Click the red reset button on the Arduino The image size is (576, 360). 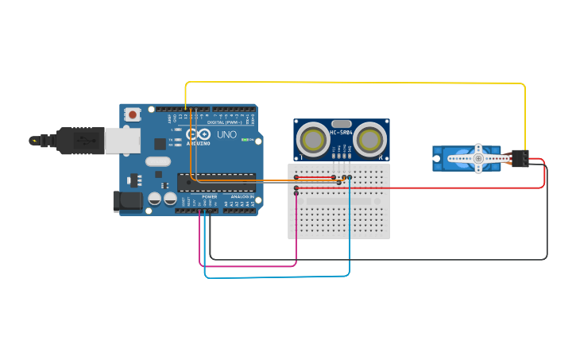click(x=132, y=114)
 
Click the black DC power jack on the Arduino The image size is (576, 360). click(x=127, y=201)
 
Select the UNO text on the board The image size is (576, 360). click(x=227, y=136)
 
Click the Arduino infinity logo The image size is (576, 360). click(x=198, y=135)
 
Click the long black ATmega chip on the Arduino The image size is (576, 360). click(x=216, y=182)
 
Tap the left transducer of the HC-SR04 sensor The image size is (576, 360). click(x=314, y=139)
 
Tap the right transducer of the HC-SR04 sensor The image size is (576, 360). click(x=369, y=139)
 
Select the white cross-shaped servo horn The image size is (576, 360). click(x=477, y=158)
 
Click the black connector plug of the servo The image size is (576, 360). click(x=520, y=158)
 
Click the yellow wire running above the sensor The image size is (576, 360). click(x=358, y=82)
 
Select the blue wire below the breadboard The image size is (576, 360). click(x=278, y=277)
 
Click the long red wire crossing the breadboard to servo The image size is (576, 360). click(x=445, y=188)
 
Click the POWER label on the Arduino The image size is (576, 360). click(x=209, y=196)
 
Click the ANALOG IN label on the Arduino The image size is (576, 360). click(x=242, y=196)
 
